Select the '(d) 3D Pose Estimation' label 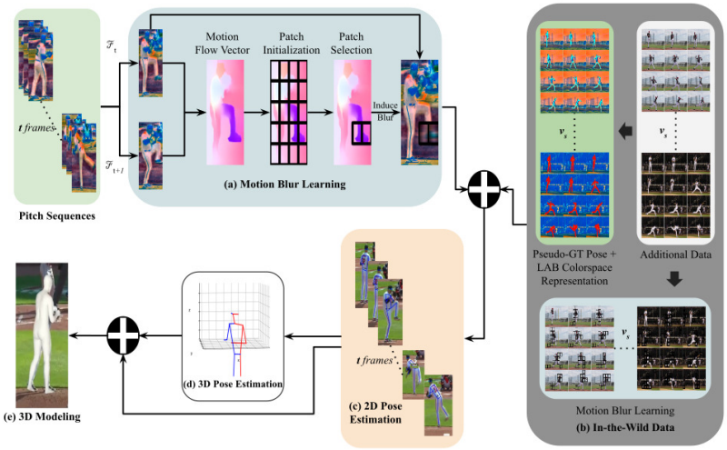pyautogui.click(x=238, y=385)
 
